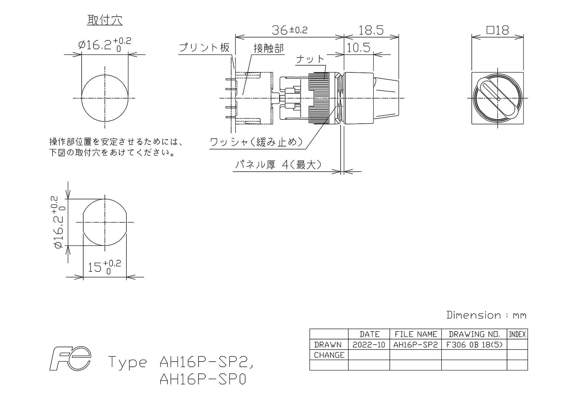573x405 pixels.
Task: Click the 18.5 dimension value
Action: [371, 30]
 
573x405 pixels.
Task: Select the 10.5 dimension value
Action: [358, 48]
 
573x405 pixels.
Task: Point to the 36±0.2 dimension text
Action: [290, 30]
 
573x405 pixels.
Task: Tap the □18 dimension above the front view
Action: [498, 30]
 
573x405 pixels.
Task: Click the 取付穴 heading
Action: [104, 20]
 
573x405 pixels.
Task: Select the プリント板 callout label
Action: [204, 48]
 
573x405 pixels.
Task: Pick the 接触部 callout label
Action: [269, 48]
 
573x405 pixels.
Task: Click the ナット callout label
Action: [310, 59]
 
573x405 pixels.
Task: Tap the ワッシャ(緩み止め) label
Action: [256, 143]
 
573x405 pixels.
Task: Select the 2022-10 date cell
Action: [369, 345]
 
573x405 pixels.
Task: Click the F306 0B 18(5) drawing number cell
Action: [474, 345]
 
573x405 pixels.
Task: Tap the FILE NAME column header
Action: [416, 334]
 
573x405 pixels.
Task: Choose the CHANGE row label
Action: [329, 355]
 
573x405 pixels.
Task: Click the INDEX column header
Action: [517, 334]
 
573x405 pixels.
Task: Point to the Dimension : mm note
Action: [486, 315]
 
